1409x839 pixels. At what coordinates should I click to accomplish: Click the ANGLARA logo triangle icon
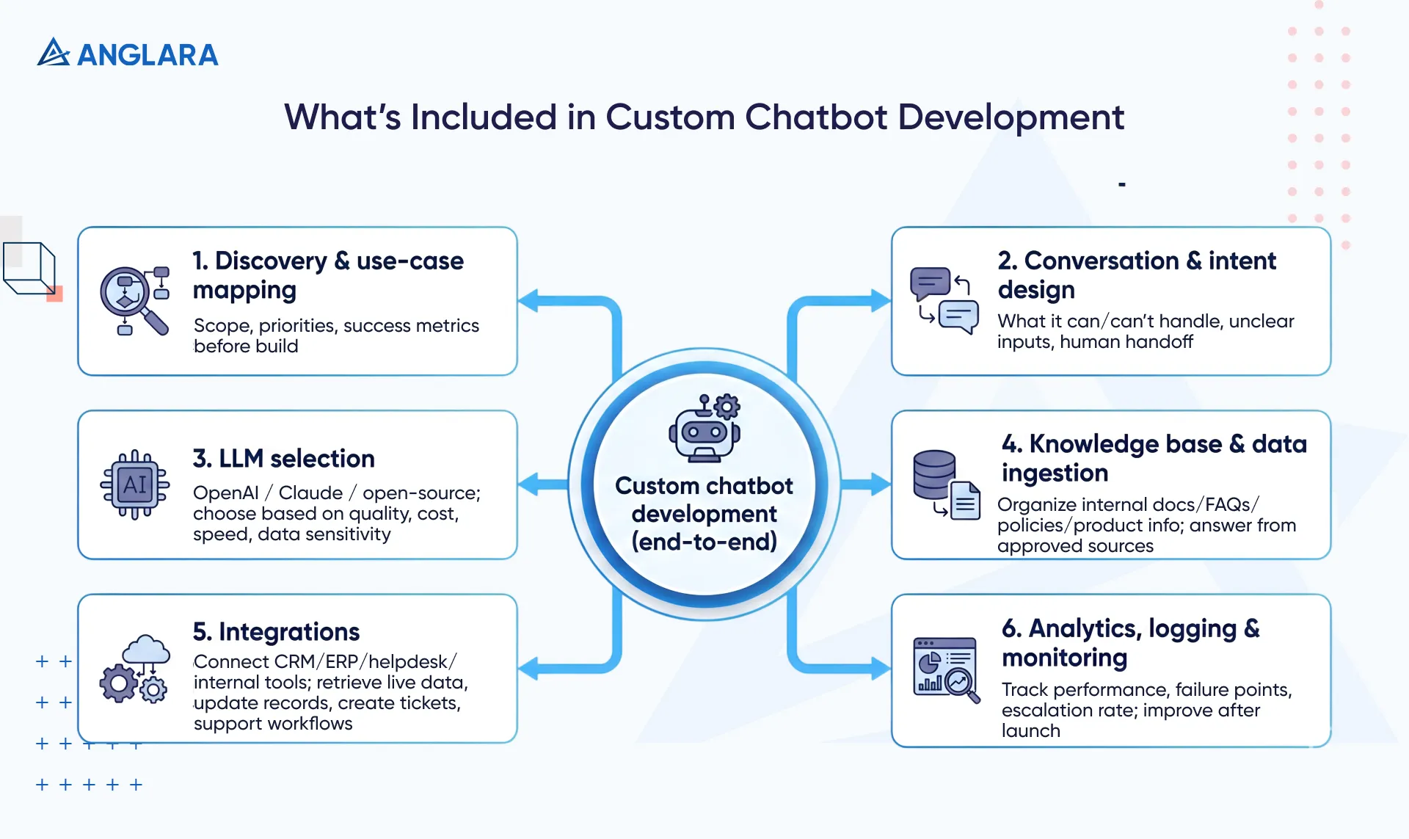click(53, 53)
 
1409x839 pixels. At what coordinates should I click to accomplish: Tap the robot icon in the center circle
click(704, 429)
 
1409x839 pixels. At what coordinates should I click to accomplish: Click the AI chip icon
click(135, 484)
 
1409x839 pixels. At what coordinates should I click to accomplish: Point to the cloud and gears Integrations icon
click(135, 669)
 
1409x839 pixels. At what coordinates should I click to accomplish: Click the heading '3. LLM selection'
click(283, 459)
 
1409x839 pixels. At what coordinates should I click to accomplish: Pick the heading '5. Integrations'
click(276, 632)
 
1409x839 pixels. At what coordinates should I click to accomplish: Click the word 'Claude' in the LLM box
click(310, 493)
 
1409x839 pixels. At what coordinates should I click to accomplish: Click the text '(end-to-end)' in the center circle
click(704, 542)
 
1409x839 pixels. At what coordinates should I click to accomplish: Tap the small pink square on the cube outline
click(54, 294)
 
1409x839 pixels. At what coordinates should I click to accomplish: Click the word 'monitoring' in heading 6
click(1064, 658)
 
